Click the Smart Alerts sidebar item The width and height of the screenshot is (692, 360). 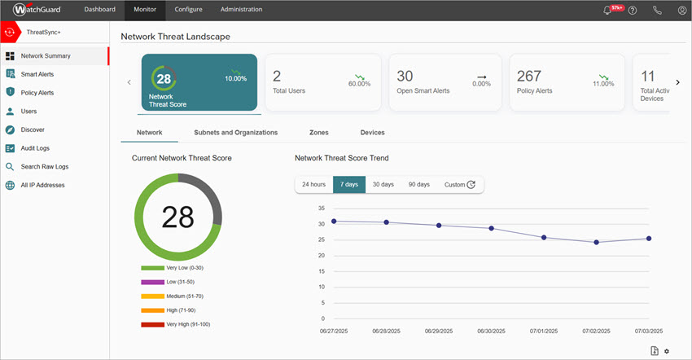coord(37,74)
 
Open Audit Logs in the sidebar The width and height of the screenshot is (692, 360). coord(35,148)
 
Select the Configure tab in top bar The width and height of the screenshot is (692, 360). coord(189,10)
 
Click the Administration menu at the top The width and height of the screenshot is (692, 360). coord(241,10)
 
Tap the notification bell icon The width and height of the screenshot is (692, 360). coord(607,11)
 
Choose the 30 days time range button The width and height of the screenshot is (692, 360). coord(383,185)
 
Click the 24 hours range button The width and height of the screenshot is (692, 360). coord(313,185)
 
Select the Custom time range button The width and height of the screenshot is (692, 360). coord(459,185)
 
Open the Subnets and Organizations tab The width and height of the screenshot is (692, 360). coord(235,132)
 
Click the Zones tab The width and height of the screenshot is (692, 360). coord(319,132)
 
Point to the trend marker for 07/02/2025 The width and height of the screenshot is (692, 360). coord(597,242)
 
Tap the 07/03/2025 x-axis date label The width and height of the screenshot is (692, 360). coord(649,331)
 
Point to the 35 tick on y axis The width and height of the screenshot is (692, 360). coord(299,208)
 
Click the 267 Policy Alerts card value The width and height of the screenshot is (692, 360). coord(529,76)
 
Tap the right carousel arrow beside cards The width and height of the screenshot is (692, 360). coord(677,82)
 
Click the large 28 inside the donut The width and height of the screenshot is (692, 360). coord(177,217)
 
